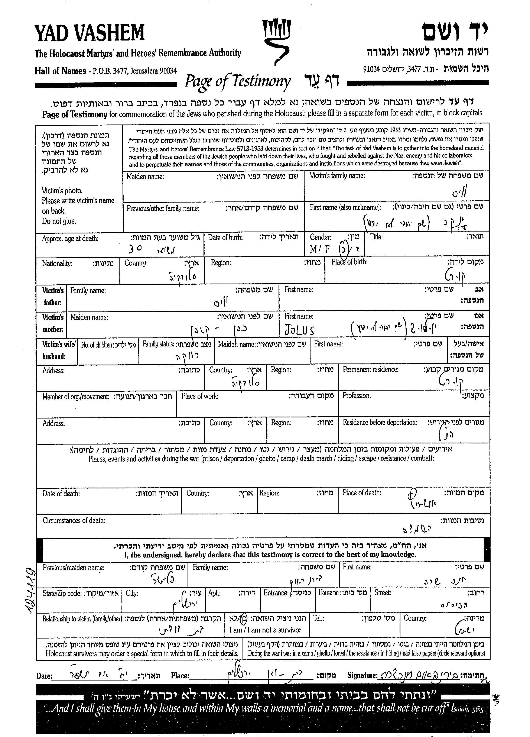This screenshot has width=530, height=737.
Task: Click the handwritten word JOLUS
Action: click(x=299, y=330)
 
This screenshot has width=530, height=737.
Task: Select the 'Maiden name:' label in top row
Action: click(x=145, y=177)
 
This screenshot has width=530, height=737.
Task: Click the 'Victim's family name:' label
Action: click(x=337, y=176)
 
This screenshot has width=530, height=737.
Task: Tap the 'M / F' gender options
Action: click(x=320, y=249)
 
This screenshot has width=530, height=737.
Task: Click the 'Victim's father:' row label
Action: click(x=53, y=296)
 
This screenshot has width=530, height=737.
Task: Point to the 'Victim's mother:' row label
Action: click(x=53, y=323)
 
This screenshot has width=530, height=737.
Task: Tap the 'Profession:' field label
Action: click(x=357, y=395)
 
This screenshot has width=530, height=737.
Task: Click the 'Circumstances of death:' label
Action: click(x=74, y=521)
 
